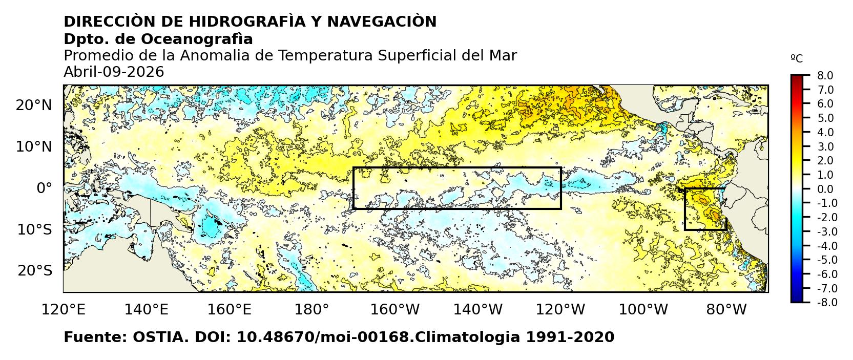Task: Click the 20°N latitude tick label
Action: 34,105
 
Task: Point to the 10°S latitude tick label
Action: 34,229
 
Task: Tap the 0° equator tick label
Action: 44,188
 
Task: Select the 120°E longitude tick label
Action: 64,310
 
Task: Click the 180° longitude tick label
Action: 312,310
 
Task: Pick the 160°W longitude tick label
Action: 395,310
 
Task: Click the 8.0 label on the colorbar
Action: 825,76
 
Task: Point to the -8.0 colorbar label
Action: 824,303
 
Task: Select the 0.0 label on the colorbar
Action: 825,189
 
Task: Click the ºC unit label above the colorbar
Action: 797,59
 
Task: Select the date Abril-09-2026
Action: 114,72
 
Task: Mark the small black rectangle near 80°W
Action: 705,209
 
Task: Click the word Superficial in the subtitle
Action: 417,55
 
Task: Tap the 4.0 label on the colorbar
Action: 825,132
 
